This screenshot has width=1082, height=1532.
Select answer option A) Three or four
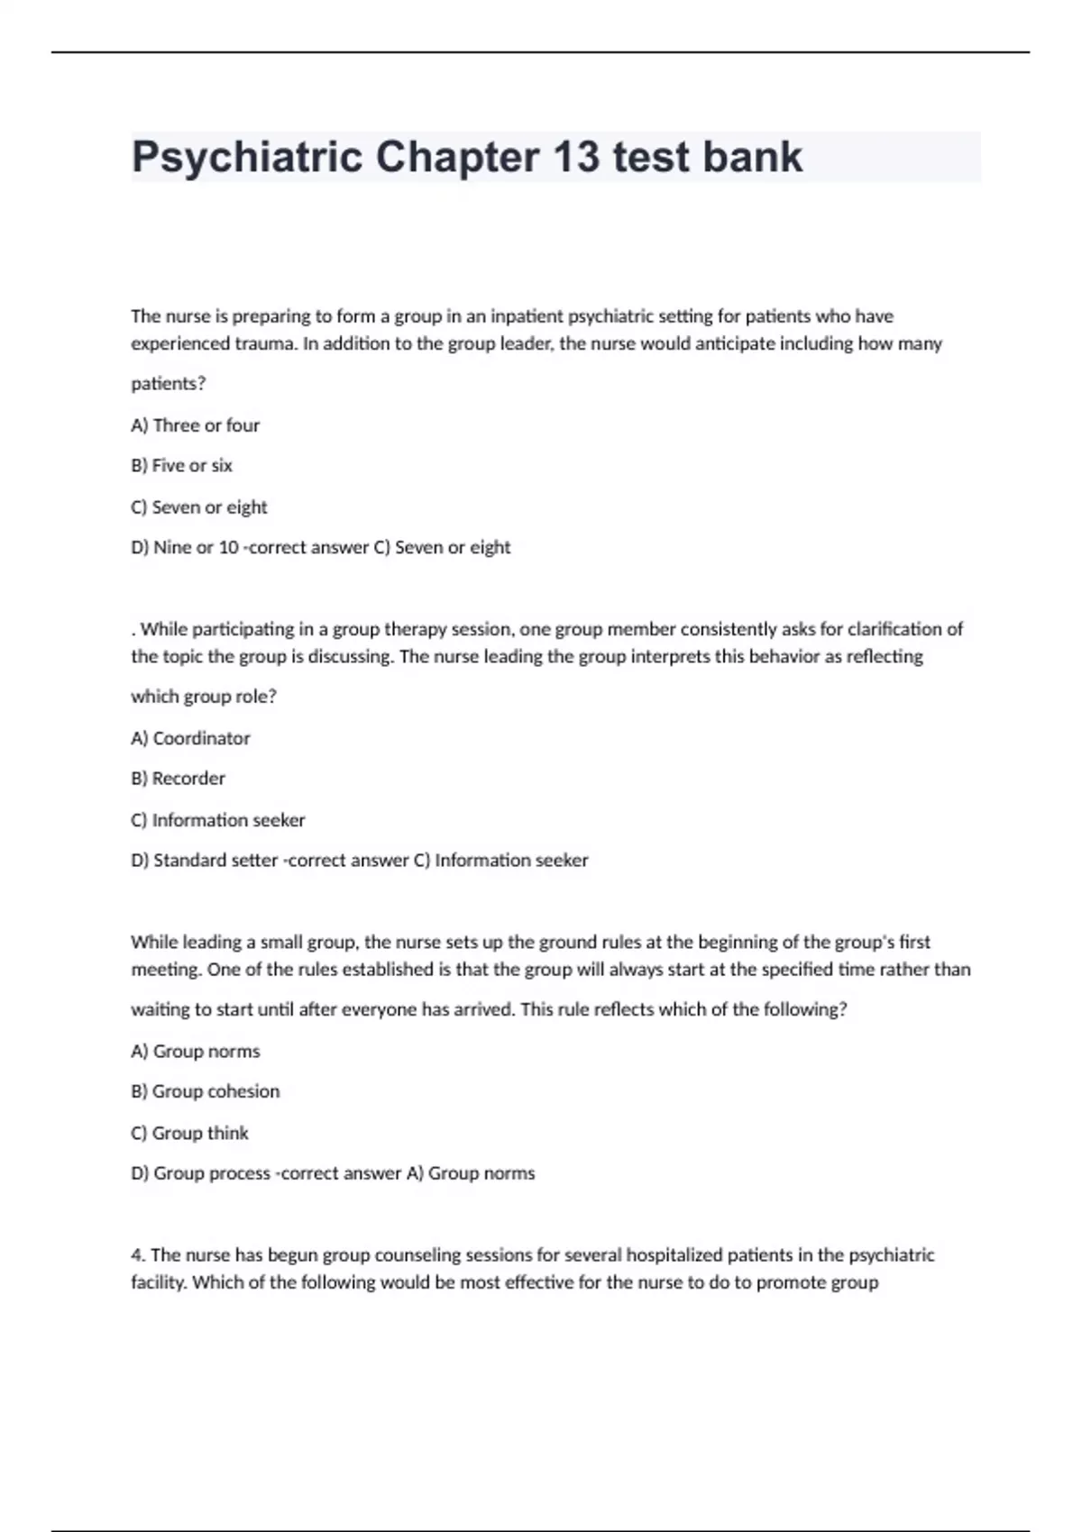[195, 425]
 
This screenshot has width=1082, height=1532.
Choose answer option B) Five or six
[181, 466]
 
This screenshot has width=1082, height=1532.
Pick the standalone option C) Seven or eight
[198, 507]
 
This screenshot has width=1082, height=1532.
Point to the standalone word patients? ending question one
[168, 384]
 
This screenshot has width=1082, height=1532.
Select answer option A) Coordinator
[190, 738]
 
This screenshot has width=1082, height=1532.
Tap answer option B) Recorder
[178, 779]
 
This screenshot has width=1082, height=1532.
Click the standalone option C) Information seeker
[217, 820]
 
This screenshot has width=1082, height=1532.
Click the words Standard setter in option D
[215, 861]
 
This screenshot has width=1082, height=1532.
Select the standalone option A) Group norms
[195, 1052]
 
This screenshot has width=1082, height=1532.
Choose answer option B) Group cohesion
[205, 1091]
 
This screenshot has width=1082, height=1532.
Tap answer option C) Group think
[189, 1133]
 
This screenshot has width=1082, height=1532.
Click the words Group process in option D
[212, 1173]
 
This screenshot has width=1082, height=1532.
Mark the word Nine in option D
[172, 548]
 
